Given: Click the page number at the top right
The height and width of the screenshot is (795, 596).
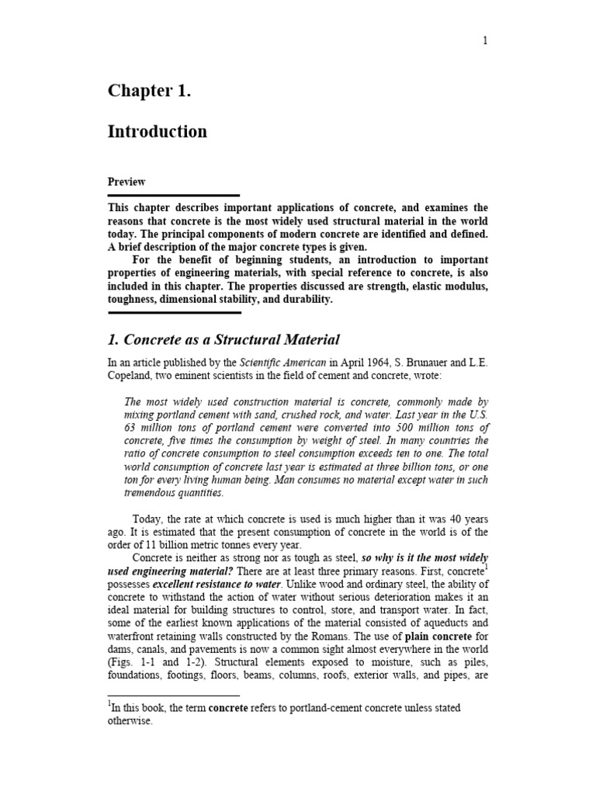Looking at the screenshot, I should (486, 42).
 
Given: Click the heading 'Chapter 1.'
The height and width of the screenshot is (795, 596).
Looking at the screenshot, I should (149, 91).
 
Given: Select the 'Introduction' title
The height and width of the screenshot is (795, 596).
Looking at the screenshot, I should (157, 131).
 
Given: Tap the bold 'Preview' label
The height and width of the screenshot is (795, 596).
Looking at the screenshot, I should (126, 182).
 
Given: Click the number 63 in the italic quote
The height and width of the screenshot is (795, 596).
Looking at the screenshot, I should (131, 428).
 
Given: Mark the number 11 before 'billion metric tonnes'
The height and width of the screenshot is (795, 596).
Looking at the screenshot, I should (142, 544).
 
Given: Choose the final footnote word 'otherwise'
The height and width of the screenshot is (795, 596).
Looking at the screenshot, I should (130, 720).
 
